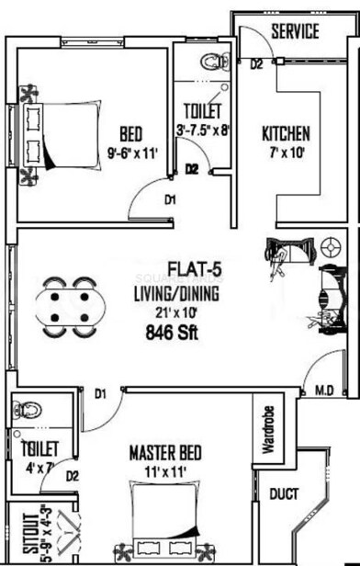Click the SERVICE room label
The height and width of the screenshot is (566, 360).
pos(295,32)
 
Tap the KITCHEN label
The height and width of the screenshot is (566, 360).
pos(286,132)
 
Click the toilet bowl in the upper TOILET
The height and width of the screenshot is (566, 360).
pos(215,62)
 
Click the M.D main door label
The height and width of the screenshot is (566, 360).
pos(324,391)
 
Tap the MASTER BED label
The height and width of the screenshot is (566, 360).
pos(165,453)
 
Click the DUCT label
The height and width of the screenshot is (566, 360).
pos(284,494)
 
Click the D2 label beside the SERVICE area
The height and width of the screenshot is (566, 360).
pos(256,64)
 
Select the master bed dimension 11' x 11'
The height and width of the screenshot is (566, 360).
pos(163,471)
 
